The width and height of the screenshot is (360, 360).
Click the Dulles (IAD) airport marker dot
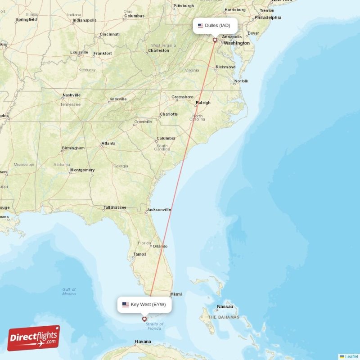215,40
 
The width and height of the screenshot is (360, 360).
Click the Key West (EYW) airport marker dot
144,319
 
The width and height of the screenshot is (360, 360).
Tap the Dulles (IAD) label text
217,26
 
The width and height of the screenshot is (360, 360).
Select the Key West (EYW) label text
148,305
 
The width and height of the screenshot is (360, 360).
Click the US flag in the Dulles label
201,26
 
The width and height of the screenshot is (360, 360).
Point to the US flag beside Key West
126,305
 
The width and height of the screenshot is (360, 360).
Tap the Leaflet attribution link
351,356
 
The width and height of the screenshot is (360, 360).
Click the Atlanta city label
108,144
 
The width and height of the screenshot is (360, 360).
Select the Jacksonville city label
159,209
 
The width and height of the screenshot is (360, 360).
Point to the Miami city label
176,295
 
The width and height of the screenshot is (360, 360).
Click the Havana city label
142,342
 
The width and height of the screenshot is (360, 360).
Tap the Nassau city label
225,307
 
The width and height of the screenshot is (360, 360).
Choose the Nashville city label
72,95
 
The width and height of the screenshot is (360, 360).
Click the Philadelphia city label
268,18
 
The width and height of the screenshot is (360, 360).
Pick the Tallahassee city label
115,207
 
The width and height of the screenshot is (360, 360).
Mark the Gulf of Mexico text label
69,292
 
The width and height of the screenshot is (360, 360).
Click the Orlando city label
160,246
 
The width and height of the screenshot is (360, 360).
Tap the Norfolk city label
241,81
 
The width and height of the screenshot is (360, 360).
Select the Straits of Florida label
155,326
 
